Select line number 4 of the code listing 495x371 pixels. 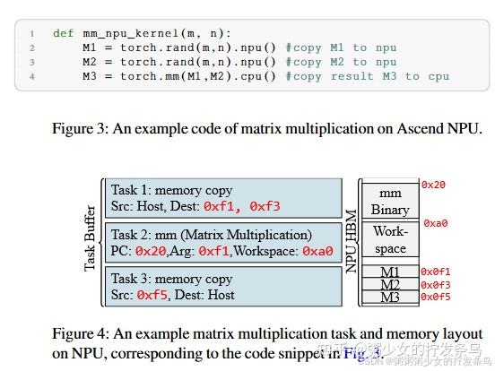[x=31, y=76]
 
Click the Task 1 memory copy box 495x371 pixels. [x=224, y=198]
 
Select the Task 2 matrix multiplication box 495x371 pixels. [x=224, y=243]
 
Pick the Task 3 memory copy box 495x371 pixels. [x=224, y=286]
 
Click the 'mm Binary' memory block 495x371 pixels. [x=390, y=201]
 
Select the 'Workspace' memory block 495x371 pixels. [x=390, y=240]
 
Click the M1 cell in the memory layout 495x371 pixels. [x=390, y=272]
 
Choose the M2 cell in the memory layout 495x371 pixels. [x=390, y=284]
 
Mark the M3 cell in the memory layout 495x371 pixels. [x=390, y=297]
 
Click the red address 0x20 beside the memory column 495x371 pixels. [x=433, y=185]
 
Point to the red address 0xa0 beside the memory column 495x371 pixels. [x=435, y=223]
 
